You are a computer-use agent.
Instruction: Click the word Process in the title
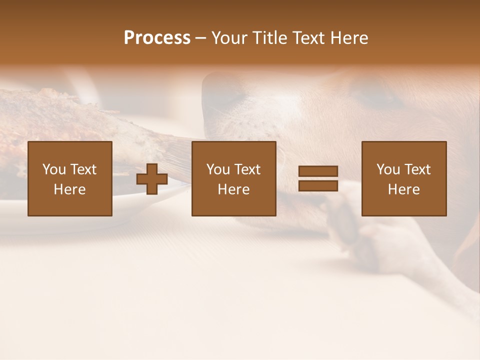point(157,38)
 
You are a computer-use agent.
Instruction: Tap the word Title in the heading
point(271,38)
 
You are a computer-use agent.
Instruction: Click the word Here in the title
point(349,38)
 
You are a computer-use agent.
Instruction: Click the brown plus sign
point(152,179)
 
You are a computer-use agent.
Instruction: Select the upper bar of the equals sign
point(318,171)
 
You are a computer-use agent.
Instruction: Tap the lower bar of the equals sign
point(318,186)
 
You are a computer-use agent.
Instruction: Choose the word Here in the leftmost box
point(69,189)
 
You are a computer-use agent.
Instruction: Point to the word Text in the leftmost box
point(83,169)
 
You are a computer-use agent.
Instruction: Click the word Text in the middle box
point(247,169)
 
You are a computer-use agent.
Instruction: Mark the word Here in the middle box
point(233,189)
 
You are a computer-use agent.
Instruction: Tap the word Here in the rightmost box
point(403,189)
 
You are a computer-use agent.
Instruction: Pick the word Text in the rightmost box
point(417,169)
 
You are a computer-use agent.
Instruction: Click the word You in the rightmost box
point(388,169)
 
